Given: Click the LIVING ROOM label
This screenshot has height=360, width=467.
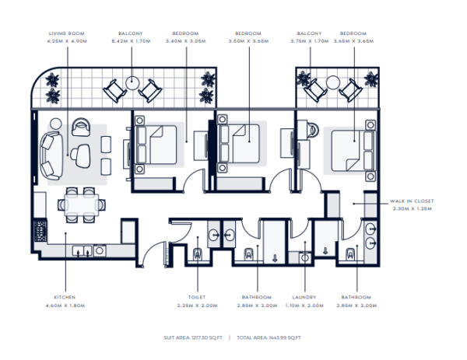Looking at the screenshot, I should click(67, 34).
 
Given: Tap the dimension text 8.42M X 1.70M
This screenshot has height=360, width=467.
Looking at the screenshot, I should click(130, 42).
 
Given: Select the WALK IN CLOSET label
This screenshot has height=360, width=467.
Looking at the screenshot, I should click(413, 201).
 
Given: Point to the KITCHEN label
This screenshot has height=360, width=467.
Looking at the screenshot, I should click(65, 297).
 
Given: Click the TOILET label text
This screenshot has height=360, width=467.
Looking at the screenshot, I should click(196, 297).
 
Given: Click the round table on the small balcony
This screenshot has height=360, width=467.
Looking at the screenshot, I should click(332, 82).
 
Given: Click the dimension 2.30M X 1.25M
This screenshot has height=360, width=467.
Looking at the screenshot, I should click(413, 208).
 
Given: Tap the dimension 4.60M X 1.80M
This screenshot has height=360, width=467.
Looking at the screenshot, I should click(65, 305).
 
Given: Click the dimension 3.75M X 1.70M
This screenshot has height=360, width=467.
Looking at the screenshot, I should click(309, 42).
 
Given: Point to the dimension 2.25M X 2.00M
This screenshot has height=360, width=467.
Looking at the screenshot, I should click(196, 305).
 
